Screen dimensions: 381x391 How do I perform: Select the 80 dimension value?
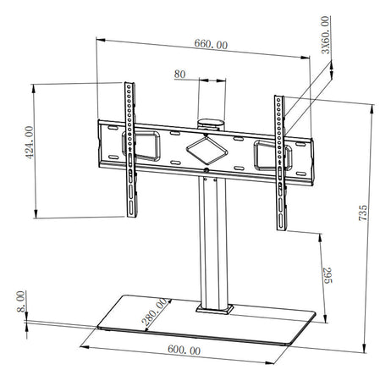[x=179, y=75]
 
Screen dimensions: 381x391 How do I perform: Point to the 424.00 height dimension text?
[x=29, y=143]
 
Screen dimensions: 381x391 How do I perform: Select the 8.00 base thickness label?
[x=21, y=300]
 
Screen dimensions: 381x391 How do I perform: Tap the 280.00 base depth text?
[x=153, y=316]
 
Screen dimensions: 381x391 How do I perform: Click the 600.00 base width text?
[x=185, y=350]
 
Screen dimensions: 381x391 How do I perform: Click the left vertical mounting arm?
[x=129, y=148]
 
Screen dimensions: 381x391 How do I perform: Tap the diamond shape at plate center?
[x=207, y=149]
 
